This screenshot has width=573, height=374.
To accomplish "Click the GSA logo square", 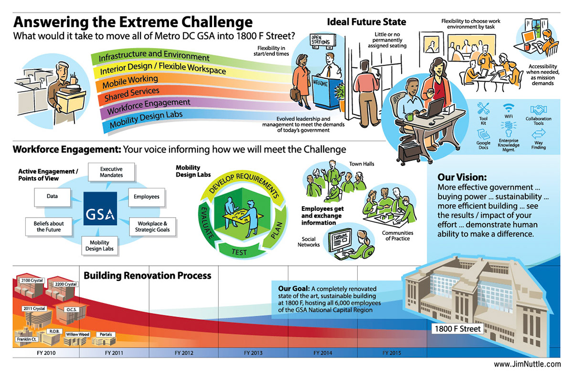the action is point(100,208).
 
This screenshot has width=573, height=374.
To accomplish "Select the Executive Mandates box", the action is point(111,172).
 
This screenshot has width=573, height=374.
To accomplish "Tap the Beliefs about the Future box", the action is point(49,227).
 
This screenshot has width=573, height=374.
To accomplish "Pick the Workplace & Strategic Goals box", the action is point(152,227).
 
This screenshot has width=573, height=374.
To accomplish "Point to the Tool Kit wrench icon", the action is point(483,108).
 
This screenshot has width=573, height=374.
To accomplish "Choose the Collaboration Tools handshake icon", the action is point(539,110).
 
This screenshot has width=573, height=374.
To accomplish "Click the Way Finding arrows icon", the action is point(539,134).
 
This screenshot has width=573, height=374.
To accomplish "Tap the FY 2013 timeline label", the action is point(253,353).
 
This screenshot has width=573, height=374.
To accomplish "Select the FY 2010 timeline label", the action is point(46,353).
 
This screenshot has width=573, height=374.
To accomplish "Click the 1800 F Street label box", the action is point(457,329).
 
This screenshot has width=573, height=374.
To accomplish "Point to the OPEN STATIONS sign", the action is point(323,41).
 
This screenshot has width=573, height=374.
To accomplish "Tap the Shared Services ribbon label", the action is point(132,94).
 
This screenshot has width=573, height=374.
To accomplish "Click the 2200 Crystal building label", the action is point(66,284).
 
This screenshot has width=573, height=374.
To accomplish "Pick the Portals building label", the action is point(106,334).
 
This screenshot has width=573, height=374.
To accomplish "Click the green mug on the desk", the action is point(409,117).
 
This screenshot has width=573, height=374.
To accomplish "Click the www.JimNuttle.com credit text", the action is point(527,364).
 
